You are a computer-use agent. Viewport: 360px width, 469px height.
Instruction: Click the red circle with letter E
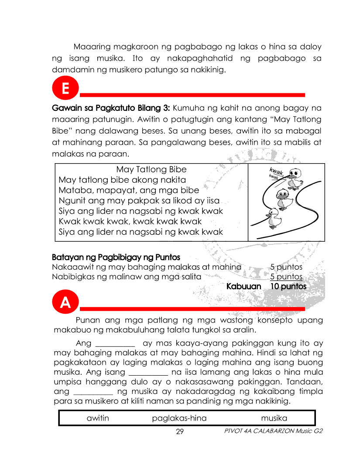coord(65,89)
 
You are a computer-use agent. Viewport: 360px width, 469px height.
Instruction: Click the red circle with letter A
coord(65,302)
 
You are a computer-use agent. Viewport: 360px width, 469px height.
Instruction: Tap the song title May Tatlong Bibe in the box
coord(151,169)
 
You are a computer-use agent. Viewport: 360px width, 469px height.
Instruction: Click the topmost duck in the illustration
coord(295,178)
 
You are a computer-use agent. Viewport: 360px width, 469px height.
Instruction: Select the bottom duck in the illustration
coord(274,219)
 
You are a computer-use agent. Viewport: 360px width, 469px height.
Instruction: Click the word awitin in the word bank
coord(98,418)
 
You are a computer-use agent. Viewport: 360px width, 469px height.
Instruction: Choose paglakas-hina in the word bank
coord(179,418)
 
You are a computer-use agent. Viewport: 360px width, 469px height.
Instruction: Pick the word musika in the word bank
coord(274,418)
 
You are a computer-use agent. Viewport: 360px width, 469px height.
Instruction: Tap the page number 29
coord(179,431)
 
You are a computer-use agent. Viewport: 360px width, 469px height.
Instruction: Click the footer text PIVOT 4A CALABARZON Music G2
coord(273,431)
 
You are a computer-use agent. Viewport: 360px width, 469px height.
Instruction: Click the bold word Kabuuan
coord(243,287)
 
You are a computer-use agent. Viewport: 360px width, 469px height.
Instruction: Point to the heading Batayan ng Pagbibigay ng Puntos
coord(116,257)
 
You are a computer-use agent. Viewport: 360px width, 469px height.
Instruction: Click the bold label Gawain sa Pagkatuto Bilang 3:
coord(111,107)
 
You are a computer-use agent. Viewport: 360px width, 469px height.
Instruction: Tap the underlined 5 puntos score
coord(286,277)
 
